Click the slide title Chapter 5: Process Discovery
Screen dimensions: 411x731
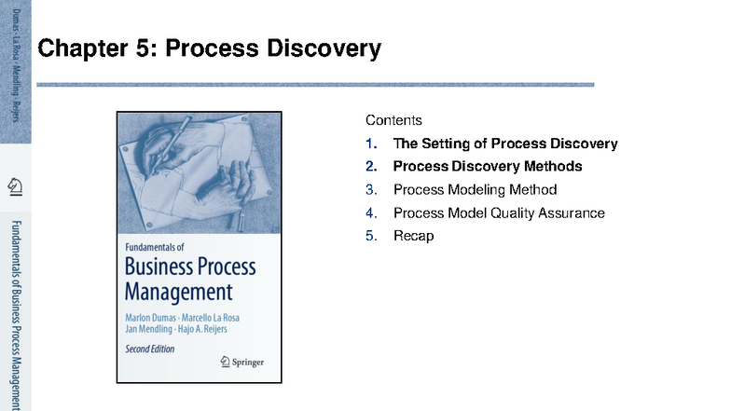pyautogui.click(x=209, y=48)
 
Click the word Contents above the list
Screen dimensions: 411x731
pyautogui.click(x=393, y=120)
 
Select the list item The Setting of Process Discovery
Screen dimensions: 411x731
pyautogui.click(x=504, y=144)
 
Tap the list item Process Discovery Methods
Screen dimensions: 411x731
pyautogui.click(x=487, y=167)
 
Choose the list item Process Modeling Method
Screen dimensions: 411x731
pyautogui.click(x=475, y=190)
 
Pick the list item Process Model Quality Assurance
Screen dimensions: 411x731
pyautogui.click(x=499, y=213)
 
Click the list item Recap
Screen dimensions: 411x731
pyautogui.click(x=413, y=236)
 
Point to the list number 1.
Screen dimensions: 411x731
pyautogui.click(x=371, y=144)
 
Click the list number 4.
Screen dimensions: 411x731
pyautogui.click(x=371, y=213)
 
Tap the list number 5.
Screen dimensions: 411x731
pyautogui.click(x=371, y=236)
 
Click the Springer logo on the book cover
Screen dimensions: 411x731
pyautogui.click(x=241, y=361)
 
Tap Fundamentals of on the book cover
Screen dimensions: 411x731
pyautogui.click(x=155, y=248)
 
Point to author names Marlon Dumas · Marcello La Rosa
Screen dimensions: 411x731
pyautogui.click(x=182, y=317)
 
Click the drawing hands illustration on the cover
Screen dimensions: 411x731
pyautogui.click(x=199, y=172)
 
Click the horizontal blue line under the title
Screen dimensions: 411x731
pyautogui.click(x=315, y=85)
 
